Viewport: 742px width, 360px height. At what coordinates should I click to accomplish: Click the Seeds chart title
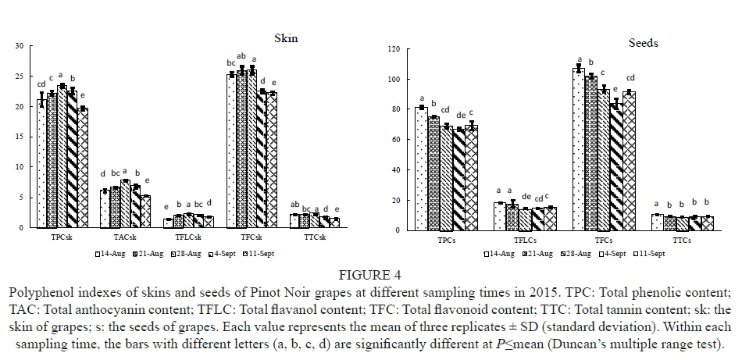644,43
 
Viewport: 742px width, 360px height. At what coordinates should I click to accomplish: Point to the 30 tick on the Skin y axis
18,46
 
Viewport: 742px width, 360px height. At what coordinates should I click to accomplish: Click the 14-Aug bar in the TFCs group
579,150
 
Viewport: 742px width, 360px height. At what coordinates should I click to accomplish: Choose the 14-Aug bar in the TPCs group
422,169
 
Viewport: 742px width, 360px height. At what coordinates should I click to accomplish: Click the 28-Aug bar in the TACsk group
124,204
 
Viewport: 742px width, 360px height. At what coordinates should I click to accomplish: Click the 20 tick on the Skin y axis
18,107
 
